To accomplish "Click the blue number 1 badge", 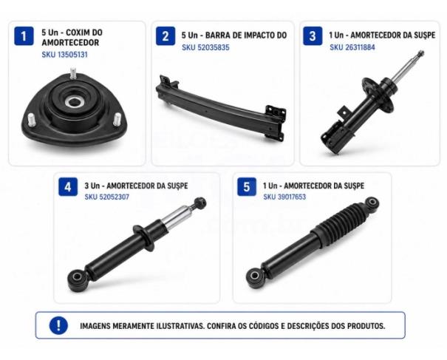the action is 24,36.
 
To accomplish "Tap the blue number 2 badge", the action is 166,36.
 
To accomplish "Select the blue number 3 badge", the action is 313,36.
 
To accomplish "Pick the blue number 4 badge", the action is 68,187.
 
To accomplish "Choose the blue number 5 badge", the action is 247,187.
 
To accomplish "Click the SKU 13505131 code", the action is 65,55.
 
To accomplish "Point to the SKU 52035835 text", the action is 205,47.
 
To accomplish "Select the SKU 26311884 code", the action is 352,47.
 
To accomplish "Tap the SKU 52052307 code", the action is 107,197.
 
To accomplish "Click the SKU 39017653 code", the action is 284,197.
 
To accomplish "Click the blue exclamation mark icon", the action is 58,325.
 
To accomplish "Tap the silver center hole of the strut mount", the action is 74,102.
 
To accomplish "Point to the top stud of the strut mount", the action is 73,74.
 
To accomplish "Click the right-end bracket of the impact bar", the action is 275,123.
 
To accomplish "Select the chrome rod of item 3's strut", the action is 406,68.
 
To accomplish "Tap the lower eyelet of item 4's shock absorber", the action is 78,278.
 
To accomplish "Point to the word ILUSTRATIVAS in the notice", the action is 180,326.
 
